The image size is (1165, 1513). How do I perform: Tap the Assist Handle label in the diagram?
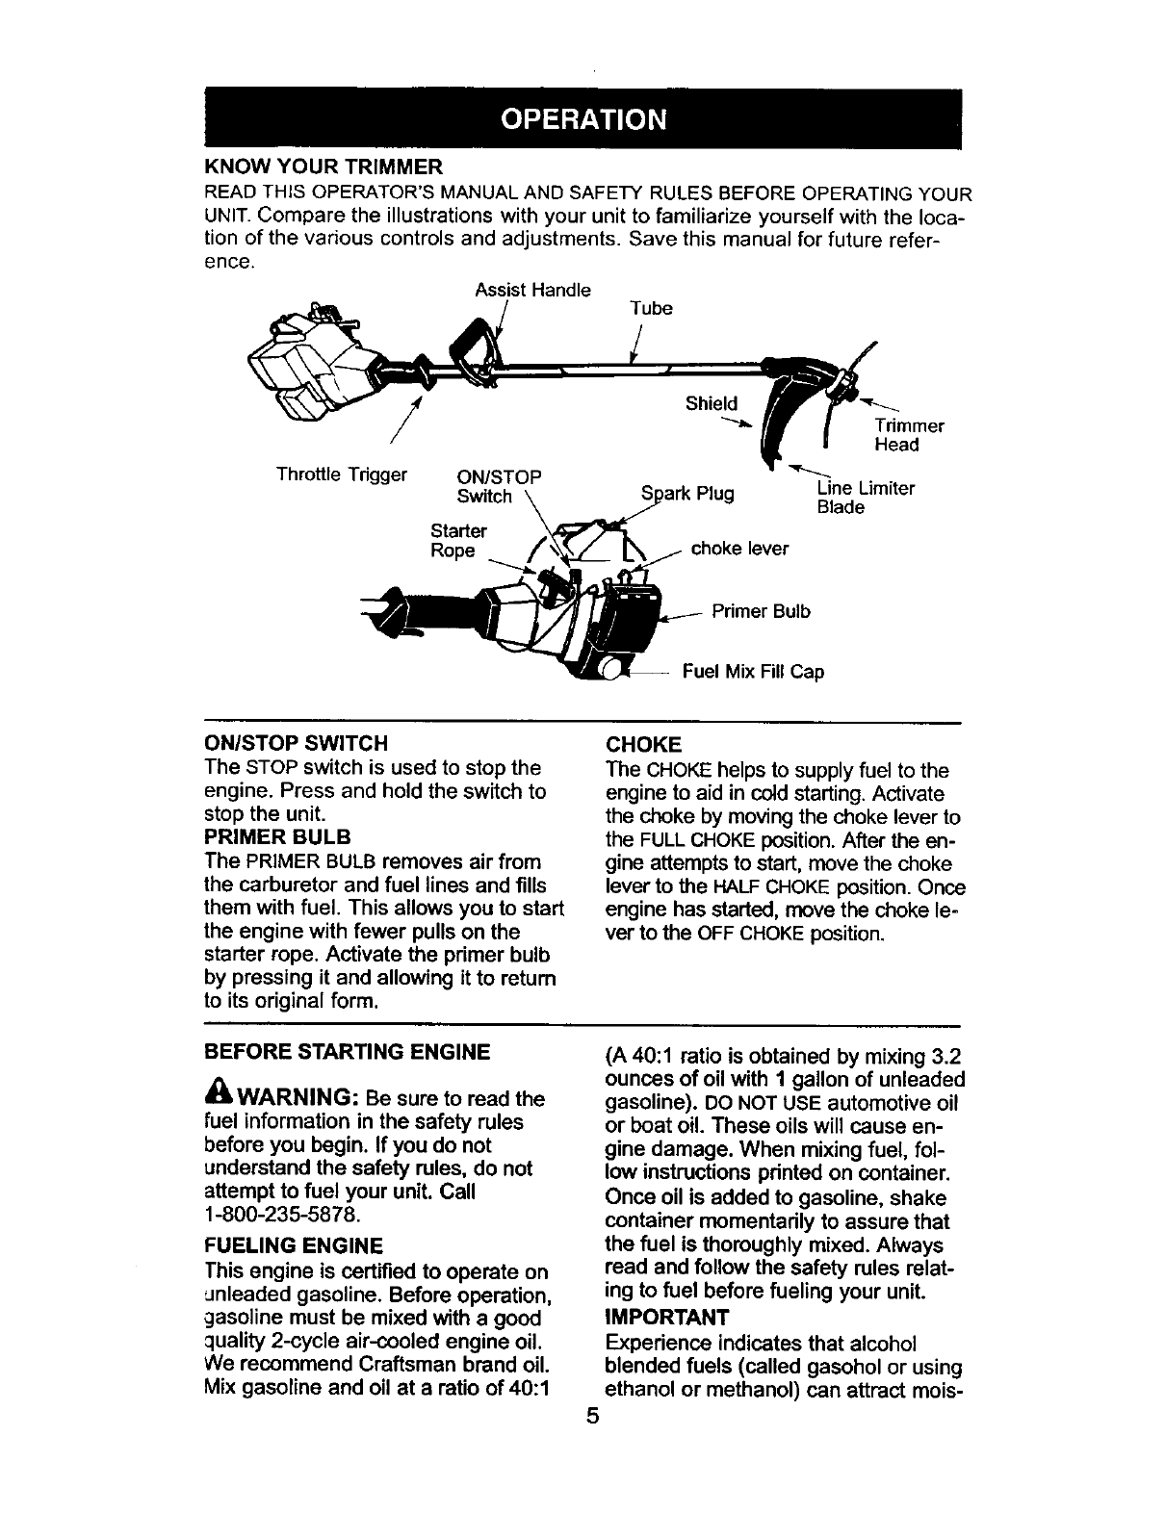click(x=532, y=290)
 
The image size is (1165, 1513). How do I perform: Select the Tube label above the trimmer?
click(x=651, y=308)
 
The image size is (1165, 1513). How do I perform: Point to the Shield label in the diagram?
click(x=712, y=403)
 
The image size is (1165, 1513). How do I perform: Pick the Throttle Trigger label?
click(x=342, y=474)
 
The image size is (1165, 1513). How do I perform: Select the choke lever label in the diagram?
click(x=739, y=549)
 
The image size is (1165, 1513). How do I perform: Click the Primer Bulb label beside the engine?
click(x=761, y=611)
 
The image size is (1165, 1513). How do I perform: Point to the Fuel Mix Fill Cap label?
click(x=753, y=671)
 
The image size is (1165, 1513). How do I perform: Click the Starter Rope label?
click(x=458, y=541)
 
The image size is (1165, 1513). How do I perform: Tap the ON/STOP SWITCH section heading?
click(x=297, y=744)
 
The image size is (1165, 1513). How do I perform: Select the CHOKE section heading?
click(x=643, y=744)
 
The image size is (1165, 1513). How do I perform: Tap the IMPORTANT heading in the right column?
click(x=667, y=1315)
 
